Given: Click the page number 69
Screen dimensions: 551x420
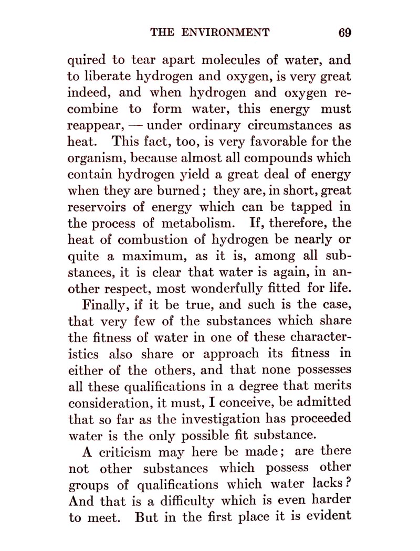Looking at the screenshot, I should click(x=344, y=33).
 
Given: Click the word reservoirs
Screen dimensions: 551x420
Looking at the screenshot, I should click(x=99, y=207).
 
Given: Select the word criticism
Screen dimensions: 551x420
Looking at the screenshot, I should click(x=118, y=452).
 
